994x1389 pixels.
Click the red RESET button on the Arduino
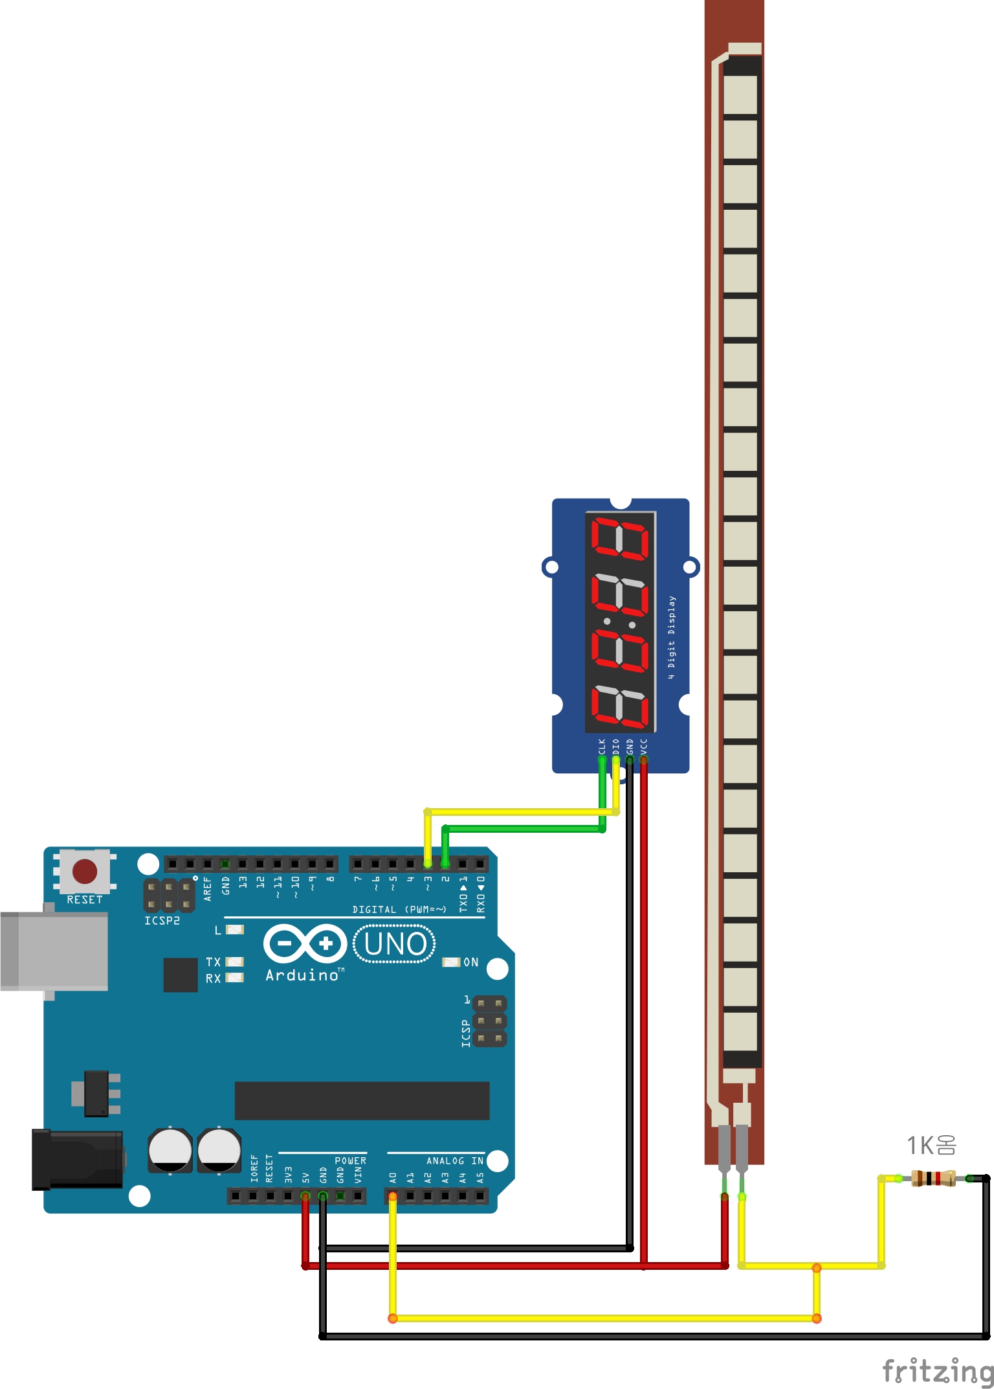coord(85,871)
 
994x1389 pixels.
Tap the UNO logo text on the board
coord(395,944)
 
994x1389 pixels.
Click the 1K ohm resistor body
coord(933,1178)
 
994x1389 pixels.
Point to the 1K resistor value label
coord(931,1146)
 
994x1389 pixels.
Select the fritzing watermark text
coord(938,1370)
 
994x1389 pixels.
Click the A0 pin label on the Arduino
coord(392,1177)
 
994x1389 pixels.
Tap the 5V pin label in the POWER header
coord(306,1176)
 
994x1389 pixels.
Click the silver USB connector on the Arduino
coord(54,951)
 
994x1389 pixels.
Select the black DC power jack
coord(78,1159)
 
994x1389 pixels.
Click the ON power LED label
coord(470,962)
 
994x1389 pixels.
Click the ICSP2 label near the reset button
coord(162,920)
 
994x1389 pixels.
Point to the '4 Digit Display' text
coord(672,637)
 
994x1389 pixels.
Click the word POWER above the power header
coord(350,1160)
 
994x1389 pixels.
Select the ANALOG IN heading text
coord(455,1160)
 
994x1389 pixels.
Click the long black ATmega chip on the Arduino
coord(362,1100)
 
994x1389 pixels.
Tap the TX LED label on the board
coord(214,962)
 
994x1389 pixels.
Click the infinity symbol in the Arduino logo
coord(305,943)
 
